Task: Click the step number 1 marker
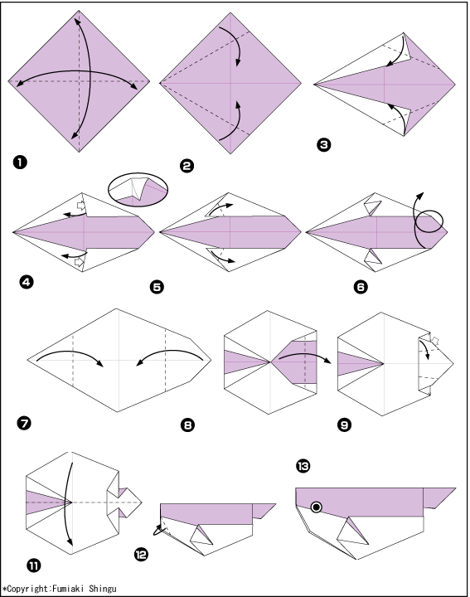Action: [20, 163]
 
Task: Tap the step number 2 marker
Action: [187, 166]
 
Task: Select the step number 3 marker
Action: [323, 144]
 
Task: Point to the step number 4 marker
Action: [27, 282]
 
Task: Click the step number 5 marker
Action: [157, 287]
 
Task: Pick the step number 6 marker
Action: [361, 287]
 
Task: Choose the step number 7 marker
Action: [24, 423]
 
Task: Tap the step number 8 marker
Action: [187, 425]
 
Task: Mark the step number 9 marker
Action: [344, 425]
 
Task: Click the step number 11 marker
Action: [33, 565]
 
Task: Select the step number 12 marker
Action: [141, 555]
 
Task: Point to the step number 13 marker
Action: [303, 466]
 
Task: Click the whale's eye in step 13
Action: [317, 507]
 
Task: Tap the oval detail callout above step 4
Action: [138, 190]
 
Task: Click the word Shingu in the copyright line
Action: [103, 589]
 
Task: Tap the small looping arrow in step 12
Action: [159, 529]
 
